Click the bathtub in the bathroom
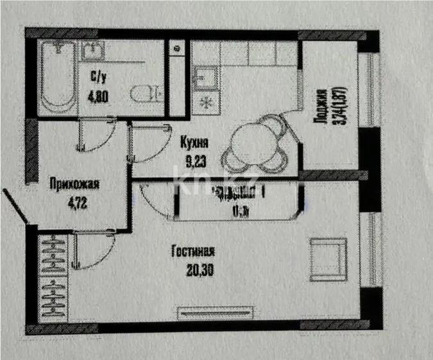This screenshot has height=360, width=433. coord(57,78)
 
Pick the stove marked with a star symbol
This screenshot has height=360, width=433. coord(206,102)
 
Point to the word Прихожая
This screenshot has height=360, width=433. coord(75,186)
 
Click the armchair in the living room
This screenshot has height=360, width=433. coord(328,254)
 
